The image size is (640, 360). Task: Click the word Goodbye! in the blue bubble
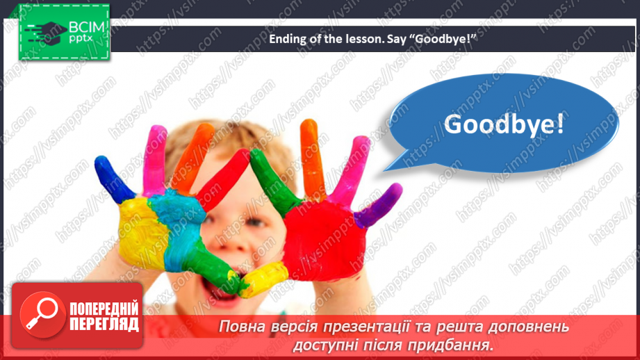pyautogui.click(x=504, y=124)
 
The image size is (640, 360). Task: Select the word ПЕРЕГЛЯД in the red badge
pyautogui.click(x=104, y=324)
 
